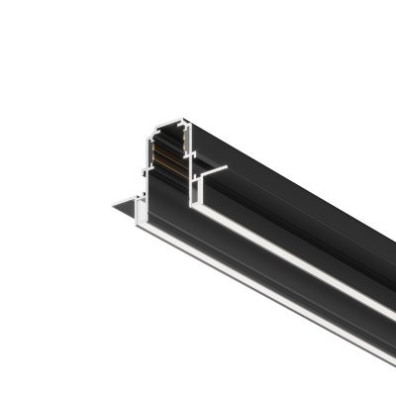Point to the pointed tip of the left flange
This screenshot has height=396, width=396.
112,206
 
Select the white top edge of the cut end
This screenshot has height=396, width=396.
174,123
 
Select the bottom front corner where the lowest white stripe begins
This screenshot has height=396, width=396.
145,231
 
